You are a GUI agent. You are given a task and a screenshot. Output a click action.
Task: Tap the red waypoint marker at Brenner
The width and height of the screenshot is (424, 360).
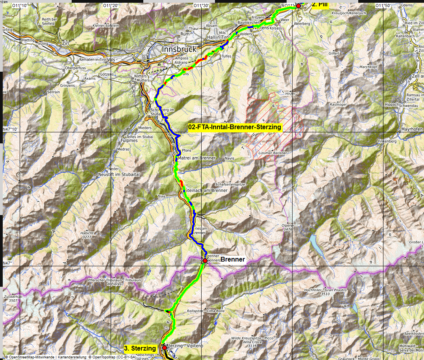[x=205, y=260]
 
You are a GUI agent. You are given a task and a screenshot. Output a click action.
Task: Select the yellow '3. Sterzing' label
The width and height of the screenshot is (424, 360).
[x=140, y=348]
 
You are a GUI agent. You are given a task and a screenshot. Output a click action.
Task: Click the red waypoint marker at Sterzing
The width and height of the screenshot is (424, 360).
[x=165, y=348]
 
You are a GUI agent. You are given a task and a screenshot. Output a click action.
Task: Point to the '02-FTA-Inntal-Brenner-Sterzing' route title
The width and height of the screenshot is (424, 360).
[x=235, y=127]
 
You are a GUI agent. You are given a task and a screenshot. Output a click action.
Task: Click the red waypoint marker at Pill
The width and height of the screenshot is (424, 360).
[x=298, y=6]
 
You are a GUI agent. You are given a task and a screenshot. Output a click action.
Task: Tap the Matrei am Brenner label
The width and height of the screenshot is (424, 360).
[x=197, y=158]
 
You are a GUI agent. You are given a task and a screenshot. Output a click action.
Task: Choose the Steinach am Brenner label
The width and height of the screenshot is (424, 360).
[x=206, y=190]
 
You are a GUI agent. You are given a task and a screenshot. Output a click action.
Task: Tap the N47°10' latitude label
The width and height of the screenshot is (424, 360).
[x=11, y=129]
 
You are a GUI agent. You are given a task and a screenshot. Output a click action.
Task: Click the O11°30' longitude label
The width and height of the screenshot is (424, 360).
[x=201, y=6]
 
